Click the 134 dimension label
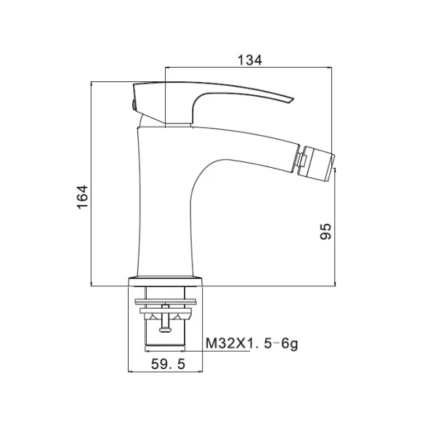click(x=250, y=60)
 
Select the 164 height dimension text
click(x=83, y=197)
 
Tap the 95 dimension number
click(x=326, y=231)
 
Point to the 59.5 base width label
click(x=168, y=364)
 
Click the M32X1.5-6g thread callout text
click(x=251, y=344)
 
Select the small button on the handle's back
click(x=134, y=105)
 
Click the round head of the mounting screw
click(x=166, y=329)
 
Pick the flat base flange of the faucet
click(x=165, y=280)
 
